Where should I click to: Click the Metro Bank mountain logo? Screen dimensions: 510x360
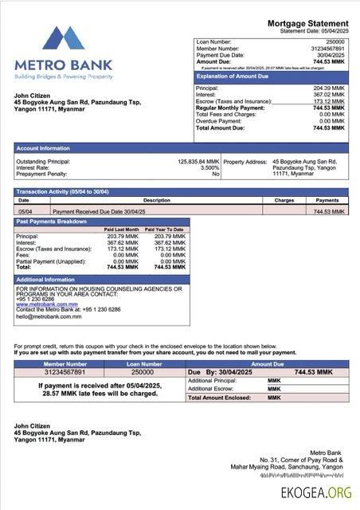click(64, 40)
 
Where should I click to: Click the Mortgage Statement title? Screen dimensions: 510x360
click(307, 24)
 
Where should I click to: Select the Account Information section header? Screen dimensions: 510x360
click(43, 148)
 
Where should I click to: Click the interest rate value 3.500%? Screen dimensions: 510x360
click(209, 167)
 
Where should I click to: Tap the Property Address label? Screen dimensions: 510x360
click(245, 161)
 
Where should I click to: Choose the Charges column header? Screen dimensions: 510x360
click(284, 200)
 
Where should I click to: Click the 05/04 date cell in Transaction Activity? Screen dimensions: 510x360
click(25, 211)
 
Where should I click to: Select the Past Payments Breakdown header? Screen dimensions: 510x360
click(52, 221)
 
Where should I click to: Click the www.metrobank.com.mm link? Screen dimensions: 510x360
click(47, 304)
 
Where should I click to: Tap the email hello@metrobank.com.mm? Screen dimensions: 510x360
click(49, 317)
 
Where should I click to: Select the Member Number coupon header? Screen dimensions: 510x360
click(65, 363)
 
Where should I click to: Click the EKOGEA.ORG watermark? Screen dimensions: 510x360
click(316, 492)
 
